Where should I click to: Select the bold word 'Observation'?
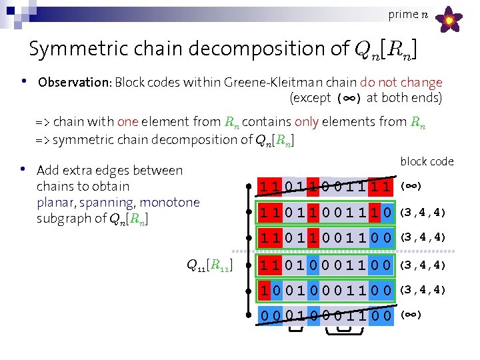point(73,83)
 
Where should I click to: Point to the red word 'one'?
point(127,121)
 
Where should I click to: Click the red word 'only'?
point(307,121)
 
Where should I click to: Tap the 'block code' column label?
point(427,161)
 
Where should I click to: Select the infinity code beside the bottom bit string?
point(410,315)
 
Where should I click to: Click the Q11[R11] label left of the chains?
point(209,267)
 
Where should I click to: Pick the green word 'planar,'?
point(61,202)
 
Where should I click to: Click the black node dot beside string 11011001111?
point(248,187)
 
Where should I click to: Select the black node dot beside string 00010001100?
point(248,315)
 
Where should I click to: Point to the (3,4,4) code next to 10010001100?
point(422,290)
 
